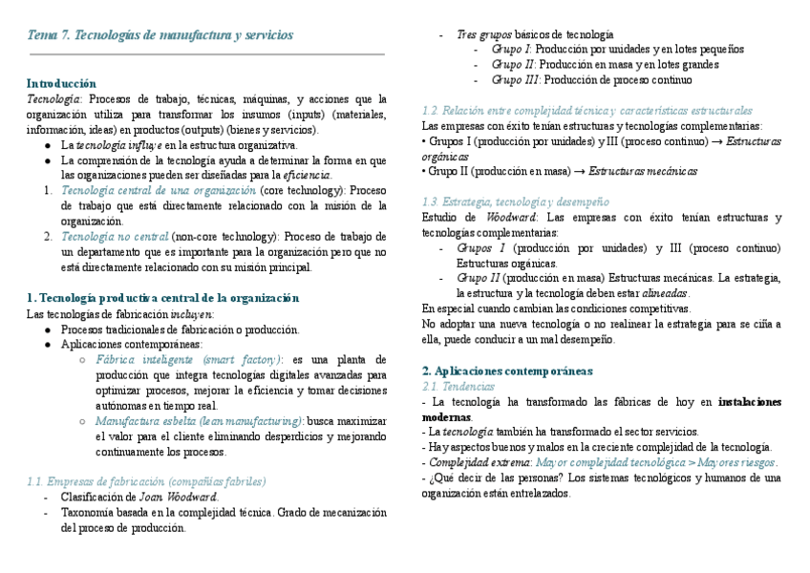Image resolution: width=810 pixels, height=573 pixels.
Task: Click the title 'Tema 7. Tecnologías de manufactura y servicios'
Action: [x=160, y=35]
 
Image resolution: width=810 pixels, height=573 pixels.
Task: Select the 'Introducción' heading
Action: [x=61, y=83]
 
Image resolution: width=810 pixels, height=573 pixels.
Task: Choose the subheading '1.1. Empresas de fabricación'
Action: [x=147, y=481]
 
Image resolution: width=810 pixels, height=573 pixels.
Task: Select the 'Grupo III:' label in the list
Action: [x=517, y=80]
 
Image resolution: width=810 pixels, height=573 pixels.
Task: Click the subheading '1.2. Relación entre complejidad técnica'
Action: [x=586, y=111]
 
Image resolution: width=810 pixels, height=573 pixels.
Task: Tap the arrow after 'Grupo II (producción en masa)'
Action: [x=577, y=172]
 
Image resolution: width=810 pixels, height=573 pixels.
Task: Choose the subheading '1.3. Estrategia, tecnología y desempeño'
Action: [x=515, y=202]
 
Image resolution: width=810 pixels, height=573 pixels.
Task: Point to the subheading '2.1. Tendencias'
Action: [x=458, y=386]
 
